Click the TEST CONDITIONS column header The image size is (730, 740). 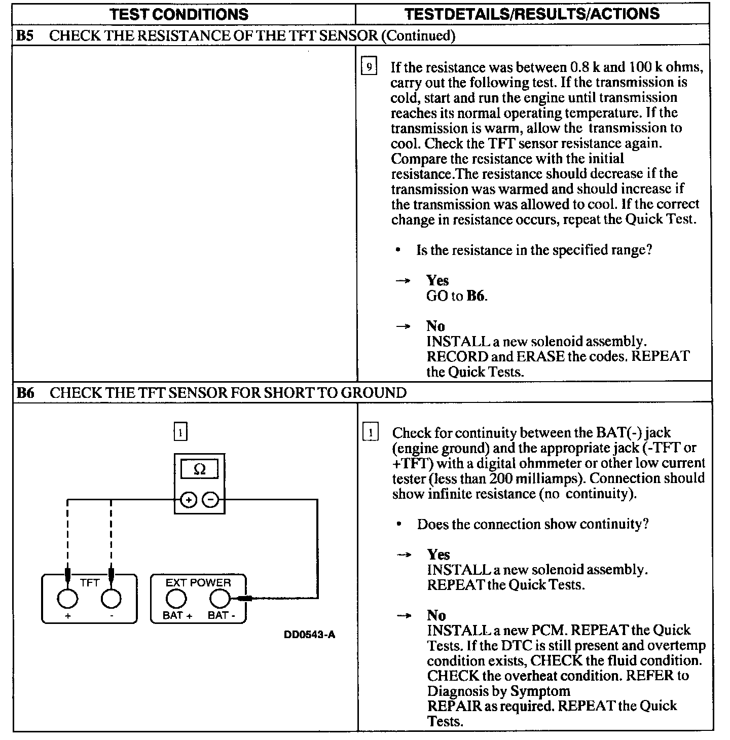179,14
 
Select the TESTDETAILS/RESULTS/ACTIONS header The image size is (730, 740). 532,14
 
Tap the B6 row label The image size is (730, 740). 25,393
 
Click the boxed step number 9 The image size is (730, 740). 369,66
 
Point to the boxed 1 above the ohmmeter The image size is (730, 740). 180,433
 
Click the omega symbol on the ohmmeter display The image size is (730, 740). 200,470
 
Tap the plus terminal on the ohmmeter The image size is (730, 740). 188,500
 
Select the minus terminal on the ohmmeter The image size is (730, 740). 211,500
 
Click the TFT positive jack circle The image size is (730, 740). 67,599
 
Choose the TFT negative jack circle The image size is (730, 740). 111,599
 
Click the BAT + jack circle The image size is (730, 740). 176,599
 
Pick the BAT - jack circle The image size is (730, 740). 220,599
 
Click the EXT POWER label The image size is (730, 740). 198,583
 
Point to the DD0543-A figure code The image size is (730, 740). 310,635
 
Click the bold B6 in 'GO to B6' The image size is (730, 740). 475,296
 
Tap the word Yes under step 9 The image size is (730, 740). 437,280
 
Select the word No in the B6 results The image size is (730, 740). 436,615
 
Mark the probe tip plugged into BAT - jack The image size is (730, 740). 243,599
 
